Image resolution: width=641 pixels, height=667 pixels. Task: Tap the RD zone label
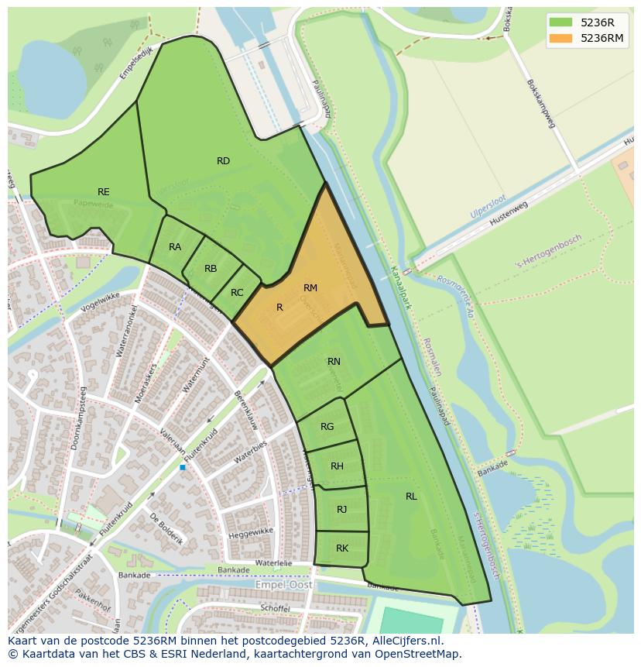click(223, 161)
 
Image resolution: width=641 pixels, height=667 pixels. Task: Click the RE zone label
click(103, 192)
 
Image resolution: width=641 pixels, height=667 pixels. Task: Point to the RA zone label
click(175, 247)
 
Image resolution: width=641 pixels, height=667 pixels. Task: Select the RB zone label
click(211, 269)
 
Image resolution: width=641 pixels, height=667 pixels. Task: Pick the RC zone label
click(237, 293)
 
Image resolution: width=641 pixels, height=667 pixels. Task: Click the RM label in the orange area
click(310, 288)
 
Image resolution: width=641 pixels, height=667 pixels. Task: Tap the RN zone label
click(334, 362)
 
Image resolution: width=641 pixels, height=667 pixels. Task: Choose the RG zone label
click(327, 427)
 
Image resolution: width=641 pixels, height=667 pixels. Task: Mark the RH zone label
click(337, 466)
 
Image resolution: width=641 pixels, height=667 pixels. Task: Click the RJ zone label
click(341, 509)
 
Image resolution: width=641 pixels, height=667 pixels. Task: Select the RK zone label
click(341, 548)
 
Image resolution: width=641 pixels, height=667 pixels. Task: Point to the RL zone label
click(411, 497)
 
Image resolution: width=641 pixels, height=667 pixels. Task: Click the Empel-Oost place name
click(284, 586)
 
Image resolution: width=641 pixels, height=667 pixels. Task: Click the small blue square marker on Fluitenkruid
click(183, 467)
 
